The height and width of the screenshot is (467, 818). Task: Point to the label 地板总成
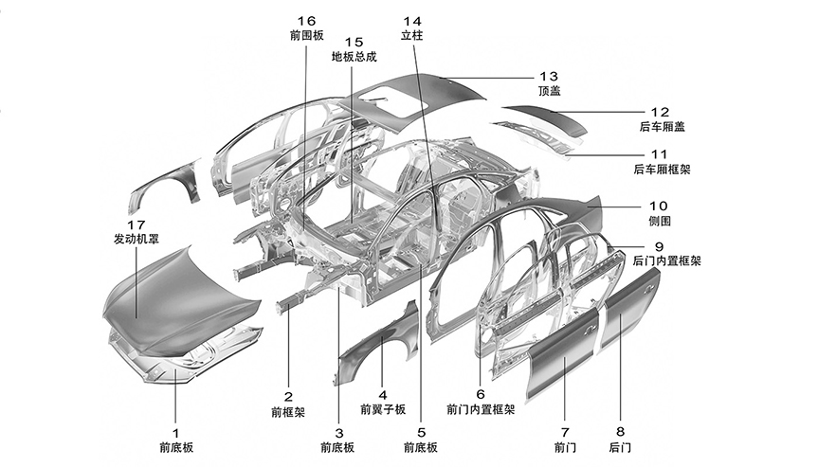(354, 57)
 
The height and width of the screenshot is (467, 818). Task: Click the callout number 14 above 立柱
(412, 21)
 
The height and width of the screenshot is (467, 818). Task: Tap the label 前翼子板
(382, 410)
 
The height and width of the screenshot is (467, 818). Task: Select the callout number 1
(174, 429)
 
